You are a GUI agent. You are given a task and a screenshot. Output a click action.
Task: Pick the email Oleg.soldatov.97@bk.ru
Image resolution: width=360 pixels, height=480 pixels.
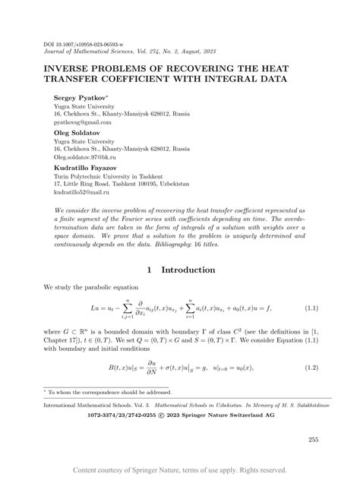tap(84, 156)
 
